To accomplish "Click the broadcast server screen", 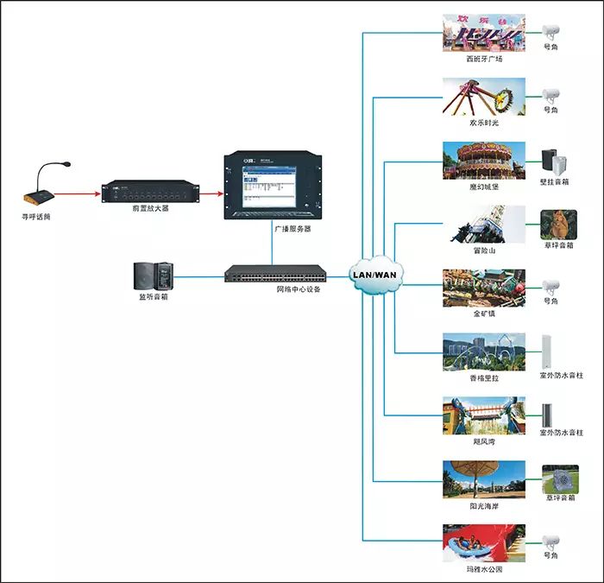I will [270, 185].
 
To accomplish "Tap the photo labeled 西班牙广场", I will [483, 33].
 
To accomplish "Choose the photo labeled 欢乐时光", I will [483, 96].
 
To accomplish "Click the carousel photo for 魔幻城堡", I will [483, 160].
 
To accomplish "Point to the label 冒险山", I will [483, 251].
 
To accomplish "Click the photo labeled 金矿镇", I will [483, 288].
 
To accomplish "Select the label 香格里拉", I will [484, 377].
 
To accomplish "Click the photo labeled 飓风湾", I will [483, 415].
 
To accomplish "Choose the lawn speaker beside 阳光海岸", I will [559, 479].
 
